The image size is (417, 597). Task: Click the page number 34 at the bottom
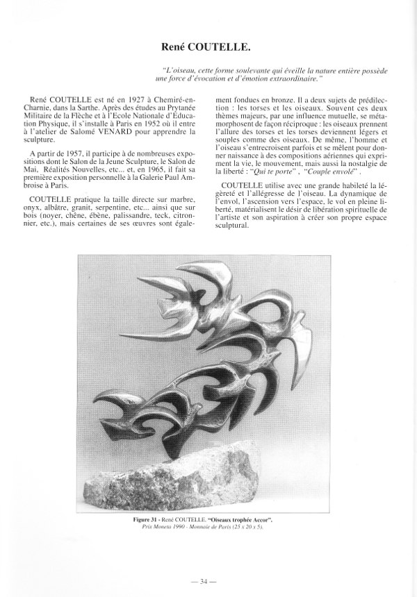pyautogui.click(x=208, y=580)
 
